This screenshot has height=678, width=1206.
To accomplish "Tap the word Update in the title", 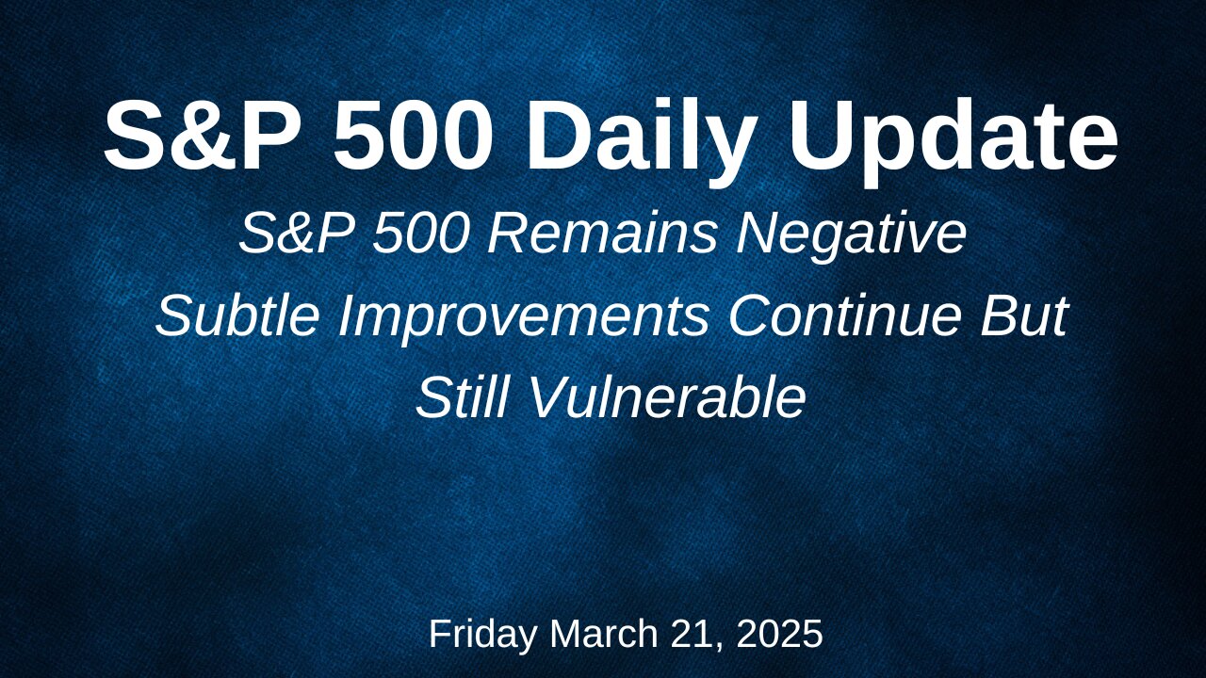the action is click(x=953, y=142).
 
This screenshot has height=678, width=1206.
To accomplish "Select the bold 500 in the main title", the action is click(x=412, y=135).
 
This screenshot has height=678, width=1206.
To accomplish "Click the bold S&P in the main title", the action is click(x=201, y=135).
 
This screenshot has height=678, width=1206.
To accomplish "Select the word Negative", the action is click(x=852, y=238).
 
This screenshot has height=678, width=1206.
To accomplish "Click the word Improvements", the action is click(x=523, y=320).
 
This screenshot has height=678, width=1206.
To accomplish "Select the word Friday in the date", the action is click(x=483, y=634).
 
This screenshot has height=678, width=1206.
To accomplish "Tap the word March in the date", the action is click(x=604, y=634).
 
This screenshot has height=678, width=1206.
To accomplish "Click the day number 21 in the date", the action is click(x=696, y=635).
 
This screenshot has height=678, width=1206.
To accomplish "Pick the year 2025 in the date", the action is click(x=779, y=634).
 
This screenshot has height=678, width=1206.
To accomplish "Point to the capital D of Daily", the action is click(x=559, y=135).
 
